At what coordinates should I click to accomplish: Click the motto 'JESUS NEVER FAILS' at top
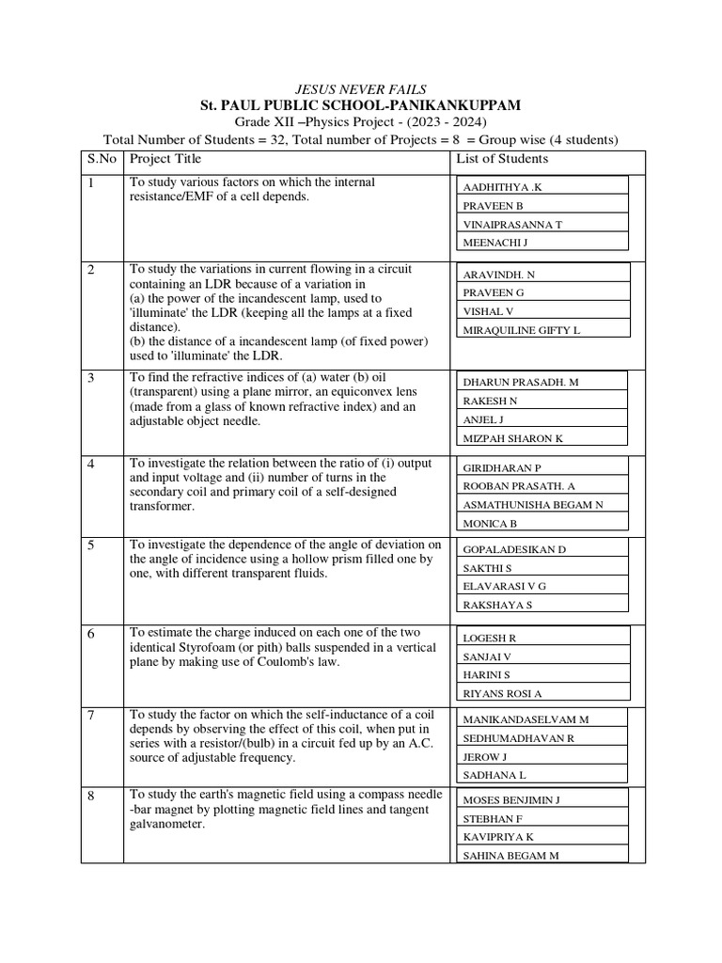pos(360,88)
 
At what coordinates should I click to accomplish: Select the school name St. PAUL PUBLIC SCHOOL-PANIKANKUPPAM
pos(360,105)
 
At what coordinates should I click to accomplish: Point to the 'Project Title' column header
pos(165,159)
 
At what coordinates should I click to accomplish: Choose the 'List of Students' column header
pos(502,159)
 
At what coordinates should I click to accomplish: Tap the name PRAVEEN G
pos(494,292)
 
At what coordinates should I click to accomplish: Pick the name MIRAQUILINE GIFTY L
pos(521,330)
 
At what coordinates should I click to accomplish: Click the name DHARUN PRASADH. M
pos(520,383)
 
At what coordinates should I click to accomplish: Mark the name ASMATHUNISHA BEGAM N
pos(532,505)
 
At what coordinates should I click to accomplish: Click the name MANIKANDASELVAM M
pos(526,719)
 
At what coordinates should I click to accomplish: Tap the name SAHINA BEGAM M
pos(510,855)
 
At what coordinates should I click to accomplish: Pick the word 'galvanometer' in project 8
pos(166,825)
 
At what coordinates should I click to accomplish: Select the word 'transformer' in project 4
pos(162,506)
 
